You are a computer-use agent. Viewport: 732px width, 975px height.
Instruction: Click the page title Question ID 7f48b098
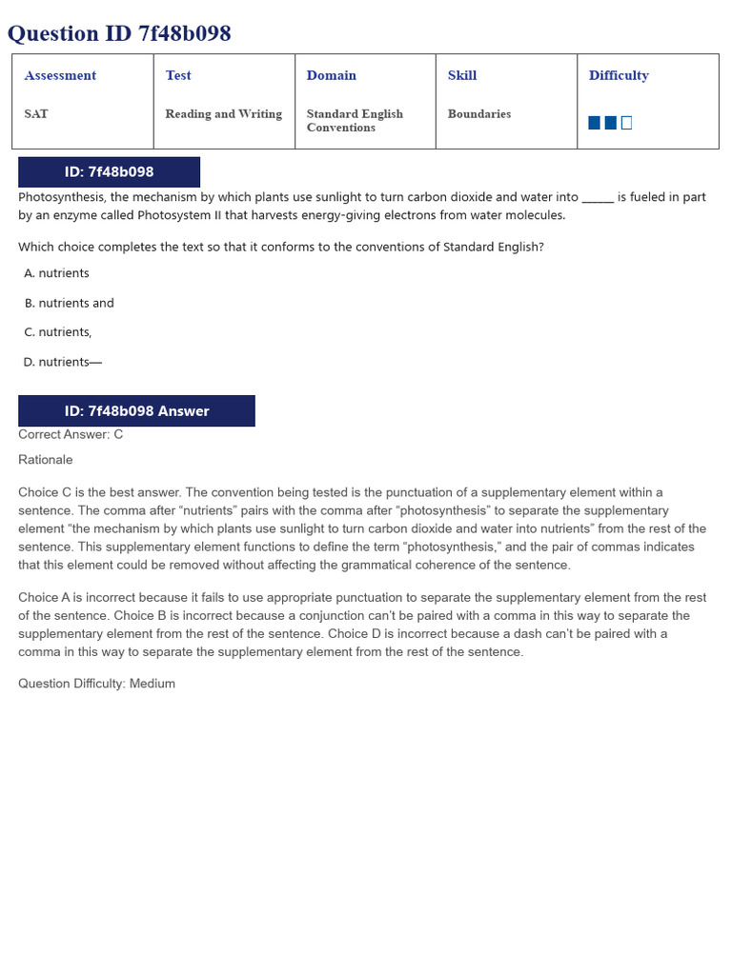click(x=119, y=34)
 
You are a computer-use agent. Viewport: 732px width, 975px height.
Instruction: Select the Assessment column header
click(x=60, y=75)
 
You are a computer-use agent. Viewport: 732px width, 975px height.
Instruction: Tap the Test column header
click(x=178, y=75)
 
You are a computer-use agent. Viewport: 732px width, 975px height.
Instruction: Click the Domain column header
click(x=332, y=75)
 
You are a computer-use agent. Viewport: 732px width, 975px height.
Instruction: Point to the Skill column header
click(x=462, y=75)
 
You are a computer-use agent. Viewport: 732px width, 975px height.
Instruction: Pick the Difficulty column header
click(x=619, y=75)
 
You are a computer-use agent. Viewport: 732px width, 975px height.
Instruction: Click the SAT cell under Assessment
click(x=36, y=113)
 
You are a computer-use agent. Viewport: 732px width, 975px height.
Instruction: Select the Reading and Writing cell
click(x=224, y=113)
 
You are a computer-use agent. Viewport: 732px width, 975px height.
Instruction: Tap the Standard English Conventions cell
click(x=355, y=120)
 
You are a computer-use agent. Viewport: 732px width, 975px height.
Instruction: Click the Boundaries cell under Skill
click(x=479, y=113)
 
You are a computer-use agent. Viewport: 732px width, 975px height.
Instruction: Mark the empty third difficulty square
click(x=626, y=123)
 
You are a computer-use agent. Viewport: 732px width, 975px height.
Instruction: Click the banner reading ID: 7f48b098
click(x=109, y=172)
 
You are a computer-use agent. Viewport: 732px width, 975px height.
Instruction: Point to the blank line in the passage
click(x=598, y=198)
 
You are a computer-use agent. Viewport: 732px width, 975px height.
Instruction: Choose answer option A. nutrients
click(x=57, y=273)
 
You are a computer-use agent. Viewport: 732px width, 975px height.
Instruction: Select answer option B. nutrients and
click(x=70, y=303)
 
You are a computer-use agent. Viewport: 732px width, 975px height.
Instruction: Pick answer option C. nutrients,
click(x=58, y=332)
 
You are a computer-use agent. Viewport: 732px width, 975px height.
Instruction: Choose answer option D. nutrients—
click(x=63, y=362)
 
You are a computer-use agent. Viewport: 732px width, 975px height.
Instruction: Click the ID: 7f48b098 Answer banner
click(x=136, y=411)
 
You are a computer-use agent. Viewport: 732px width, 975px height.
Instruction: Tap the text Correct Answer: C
click(x=71, y=434)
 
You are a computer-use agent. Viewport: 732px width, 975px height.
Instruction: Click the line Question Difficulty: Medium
click(x=96, y=684)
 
